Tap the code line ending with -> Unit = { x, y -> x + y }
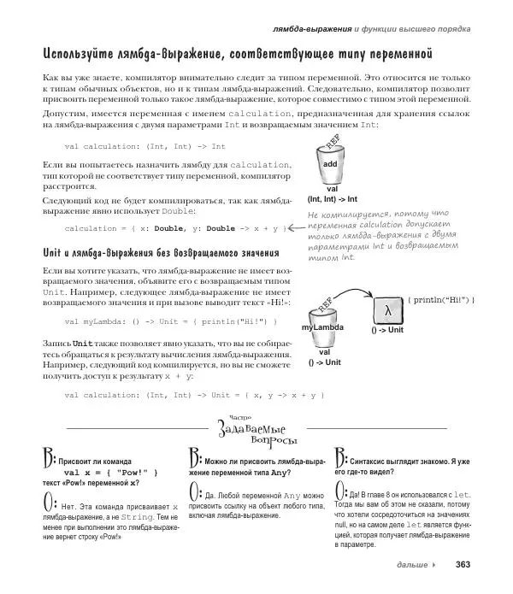pyautogui.click(x=194, y=395)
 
